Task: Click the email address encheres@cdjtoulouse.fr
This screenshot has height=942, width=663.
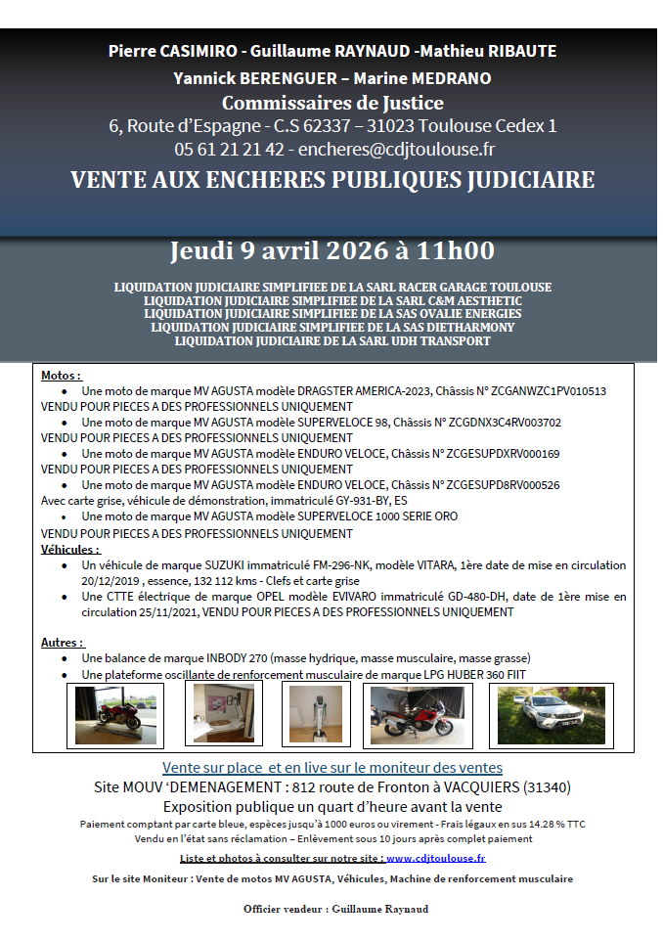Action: click(x=396, y=150)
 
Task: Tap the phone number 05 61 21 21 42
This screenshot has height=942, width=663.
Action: click(x=229, y=150)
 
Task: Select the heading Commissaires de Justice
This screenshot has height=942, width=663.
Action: click(x=332, y=103)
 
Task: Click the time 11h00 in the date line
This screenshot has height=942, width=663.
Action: click(x=456, y=250)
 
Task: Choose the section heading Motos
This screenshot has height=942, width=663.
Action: click(x=61, y=375)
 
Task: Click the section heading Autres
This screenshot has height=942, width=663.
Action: click(x=63, y=643)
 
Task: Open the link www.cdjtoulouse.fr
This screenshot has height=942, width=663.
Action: click(x=436, y=858)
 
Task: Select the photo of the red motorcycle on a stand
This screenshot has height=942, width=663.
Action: click(x=106, y=715)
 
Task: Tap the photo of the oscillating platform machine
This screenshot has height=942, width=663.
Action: click(x=311, y=715)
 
